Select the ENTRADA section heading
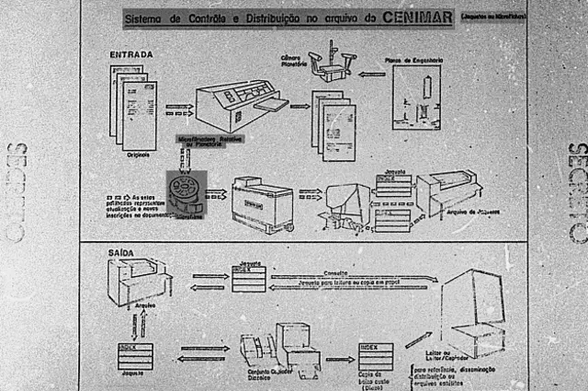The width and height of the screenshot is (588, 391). pyautogui.click(x=131, y=54)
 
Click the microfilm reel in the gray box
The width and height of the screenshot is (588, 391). pyautogui.click(x=186, y=190)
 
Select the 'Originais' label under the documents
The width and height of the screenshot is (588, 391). pyautogui.click(x=138, y=155)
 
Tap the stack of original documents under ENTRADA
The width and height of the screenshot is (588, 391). pyautogui.click(x=133, y=106)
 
